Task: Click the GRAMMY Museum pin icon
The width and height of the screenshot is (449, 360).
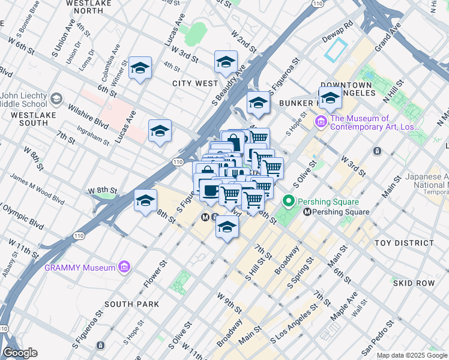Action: (x=124, y=266)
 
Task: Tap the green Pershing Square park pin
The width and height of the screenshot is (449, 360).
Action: (x=289, y=202)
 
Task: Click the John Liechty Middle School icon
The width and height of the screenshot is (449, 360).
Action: (x=56, y=98)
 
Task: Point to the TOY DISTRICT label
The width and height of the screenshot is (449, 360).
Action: (x=403, y=243)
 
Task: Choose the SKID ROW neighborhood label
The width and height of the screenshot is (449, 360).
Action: (x=413, y=283)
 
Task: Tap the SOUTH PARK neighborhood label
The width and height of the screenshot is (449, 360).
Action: (x=131, y=304)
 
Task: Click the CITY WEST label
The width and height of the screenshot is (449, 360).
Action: (x=195, y=83)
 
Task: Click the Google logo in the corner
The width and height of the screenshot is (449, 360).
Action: (x=19, y=352)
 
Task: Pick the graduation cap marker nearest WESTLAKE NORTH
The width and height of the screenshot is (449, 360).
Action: (x=140, y=68)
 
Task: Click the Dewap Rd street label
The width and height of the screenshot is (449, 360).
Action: (x=340, y=31)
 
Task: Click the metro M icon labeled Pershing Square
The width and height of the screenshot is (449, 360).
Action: (x=307, y=212)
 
